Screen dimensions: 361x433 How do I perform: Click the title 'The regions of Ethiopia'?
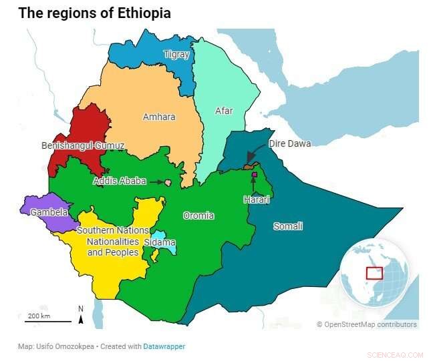[x=94, y=13]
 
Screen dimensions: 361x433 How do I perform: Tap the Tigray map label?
[x=176, y=55]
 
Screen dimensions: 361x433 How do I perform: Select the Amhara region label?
[x=159, y=117]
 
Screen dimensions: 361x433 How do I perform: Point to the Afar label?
[x=224, y=111]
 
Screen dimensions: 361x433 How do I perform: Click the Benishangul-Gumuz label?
[x=83, y=145]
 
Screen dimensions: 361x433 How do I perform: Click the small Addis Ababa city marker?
[x=168, y=182]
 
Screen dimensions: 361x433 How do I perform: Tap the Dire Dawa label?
[x=289, y=143]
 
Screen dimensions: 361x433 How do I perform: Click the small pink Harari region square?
[x=255, y=175]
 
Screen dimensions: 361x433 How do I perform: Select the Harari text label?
[x=257, y=200]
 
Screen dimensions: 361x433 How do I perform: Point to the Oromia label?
[x=198, y=216]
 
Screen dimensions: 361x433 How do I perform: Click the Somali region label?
[x=288, y=226]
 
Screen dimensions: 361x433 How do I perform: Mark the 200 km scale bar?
[x=48, y=320]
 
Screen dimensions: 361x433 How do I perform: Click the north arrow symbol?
[x=81, y=316]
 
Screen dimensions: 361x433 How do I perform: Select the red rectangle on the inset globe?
[x=374, y=273]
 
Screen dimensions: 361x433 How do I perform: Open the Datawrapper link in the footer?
[x=164, y=346]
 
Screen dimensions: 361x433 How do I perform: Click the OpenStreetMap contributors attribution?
[x=367, y=324]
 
